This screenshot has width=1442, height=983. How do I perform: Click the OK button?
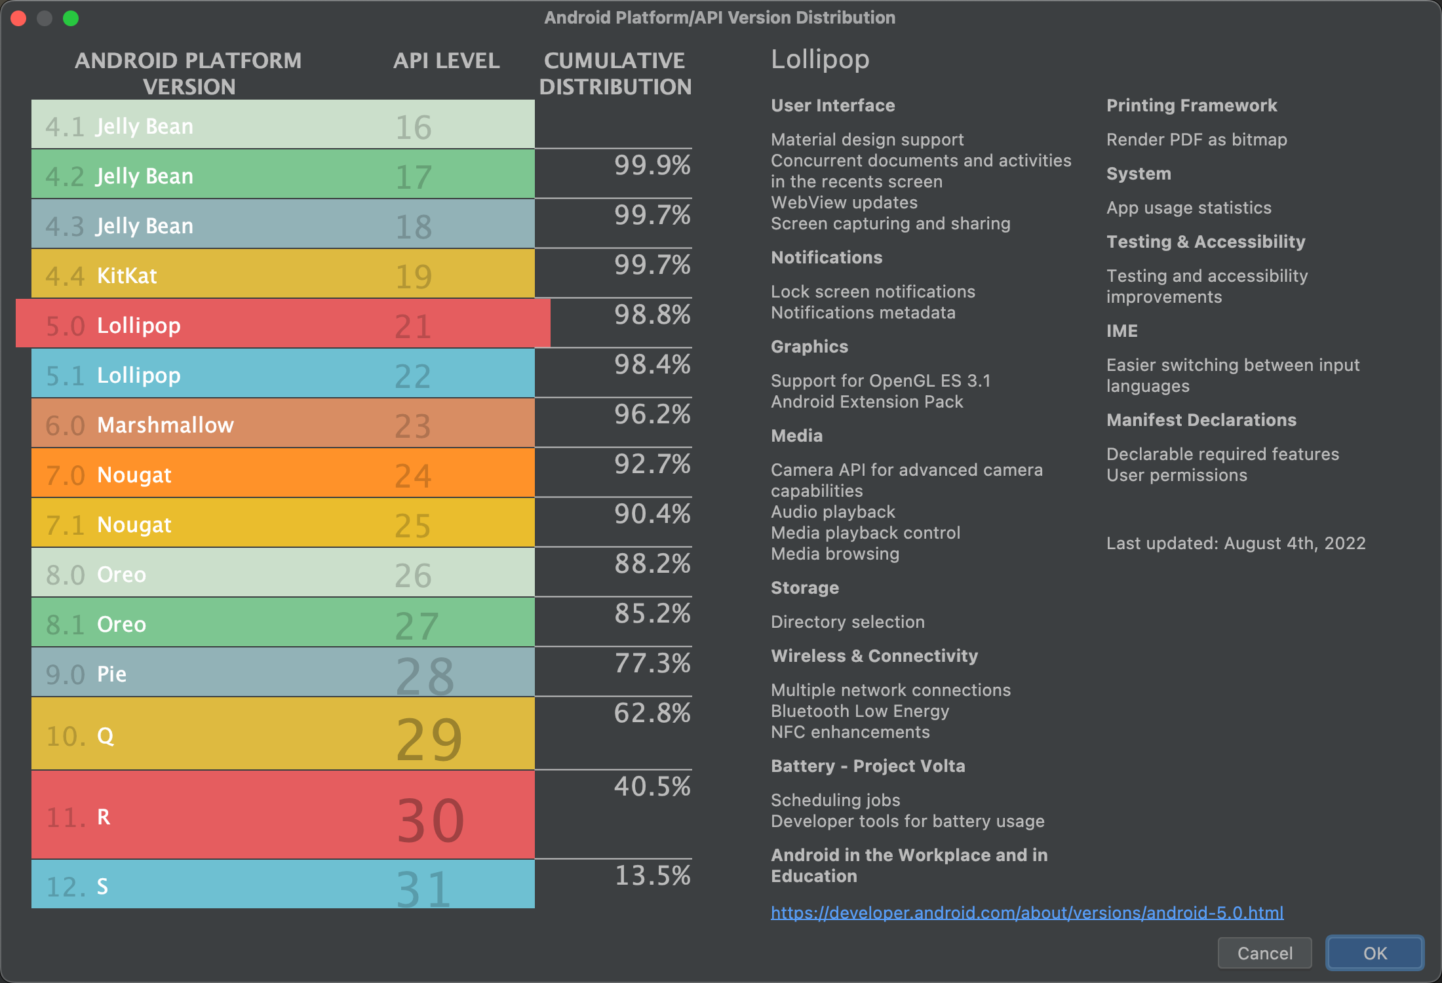pos(1374,953)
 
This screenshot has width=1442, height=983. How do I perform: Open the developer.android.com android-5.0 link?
pos(1026,912)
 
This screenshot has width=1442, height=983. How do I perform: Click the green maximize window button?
pos(71,18)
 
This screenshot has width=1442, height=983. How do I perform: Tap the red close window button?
pos(18,18)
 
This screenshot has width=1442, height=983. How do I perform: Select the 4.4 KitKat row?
pos(282,274)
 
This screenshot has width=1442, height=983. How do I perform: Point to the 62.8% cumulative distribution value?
pos(652,713)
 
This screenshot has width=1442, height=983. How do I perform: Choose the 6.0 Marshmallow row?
pos(282,424)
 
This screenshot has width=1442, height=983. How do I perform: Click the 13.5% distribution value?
pos(652,876)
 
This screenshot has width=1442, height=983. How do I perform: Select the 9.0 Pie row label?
pos(111,674)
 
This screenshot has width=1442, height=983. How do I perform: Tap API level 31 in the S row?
pos(423,887)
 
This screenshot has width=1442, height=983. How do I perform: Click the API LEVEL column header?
pos(446,61)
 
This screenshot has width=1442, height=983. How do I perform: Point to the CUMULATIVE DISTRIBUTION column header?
pos(615,73)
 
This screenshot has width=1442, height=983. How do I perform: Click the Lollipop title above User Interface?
pos(819,60)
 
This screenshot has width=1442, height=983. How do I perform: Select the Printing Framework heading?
pos(1191,106)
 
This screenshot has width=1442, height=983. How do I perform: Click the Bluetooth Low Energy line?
pos(859,711)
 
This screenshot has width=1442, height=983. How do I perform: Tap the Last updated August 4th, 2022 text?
pos(1236,543)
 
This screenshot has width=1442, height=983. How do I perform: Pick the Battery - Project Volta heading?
pos(867,766)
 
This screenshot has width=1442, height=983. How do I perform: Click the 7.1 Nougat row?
pos(282,524)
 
